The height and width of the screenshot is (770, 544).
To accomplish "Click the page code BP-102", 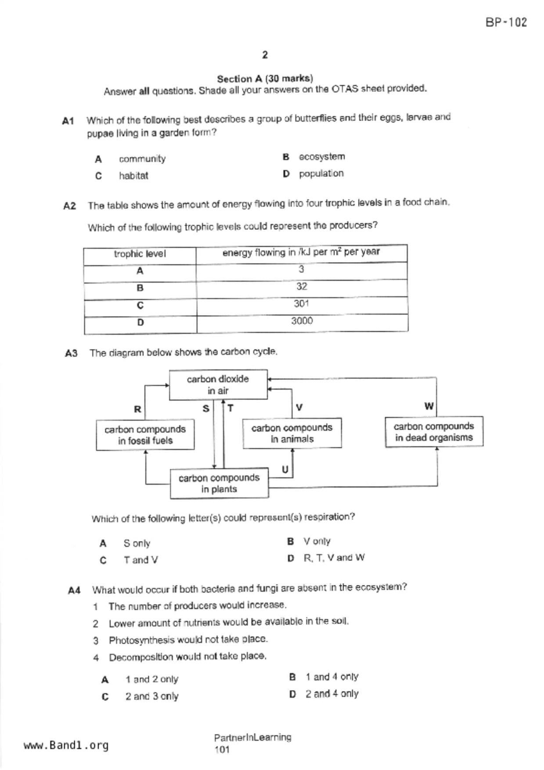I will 506,22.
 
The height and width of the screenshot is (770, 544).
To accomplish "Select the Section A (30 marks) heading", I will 265,79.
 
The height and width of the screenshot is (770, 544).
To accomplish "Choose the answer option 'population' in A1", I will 321,174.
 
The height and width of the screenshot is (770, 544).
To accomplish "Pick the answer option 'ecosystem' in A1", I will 322,157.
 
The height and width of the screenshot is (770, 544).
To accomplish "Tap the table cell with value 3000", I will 302,321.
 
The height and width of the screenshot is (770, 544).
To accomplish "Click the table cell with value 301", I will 302,304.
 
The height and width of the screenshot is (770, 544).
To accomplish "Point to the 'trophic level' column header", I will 140,254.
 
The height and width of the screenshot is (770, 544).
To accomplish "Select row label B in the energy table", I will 140,288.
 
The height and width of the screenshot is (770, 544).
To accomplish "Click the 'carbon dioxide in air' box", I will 218,385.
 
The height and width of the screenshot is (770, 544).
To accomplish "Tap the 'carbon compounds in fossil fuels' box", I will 145,435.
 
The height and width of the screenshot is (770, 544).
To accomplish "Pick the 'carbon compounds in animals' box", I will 292,433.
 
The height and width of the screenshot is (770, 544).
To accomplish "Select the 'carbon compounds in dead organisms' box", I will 434,432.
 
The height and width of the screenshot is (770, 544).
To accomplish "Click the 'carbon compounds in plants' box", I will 219,483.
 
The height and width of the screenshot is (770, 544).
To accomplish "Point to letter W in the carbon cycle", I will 429,407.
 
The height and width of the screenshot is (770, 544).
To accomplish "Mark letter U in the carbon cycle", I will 285,470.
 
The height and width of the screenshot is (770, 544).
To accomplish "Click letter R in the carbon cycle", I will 137,409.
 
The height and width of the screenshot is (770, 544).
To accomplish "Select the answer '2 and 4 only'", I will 332,694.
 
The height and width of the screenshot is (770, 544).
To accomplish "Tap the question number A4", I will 74,590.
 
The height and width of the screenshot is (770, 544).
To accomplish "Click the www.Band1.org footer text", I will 66,745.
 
